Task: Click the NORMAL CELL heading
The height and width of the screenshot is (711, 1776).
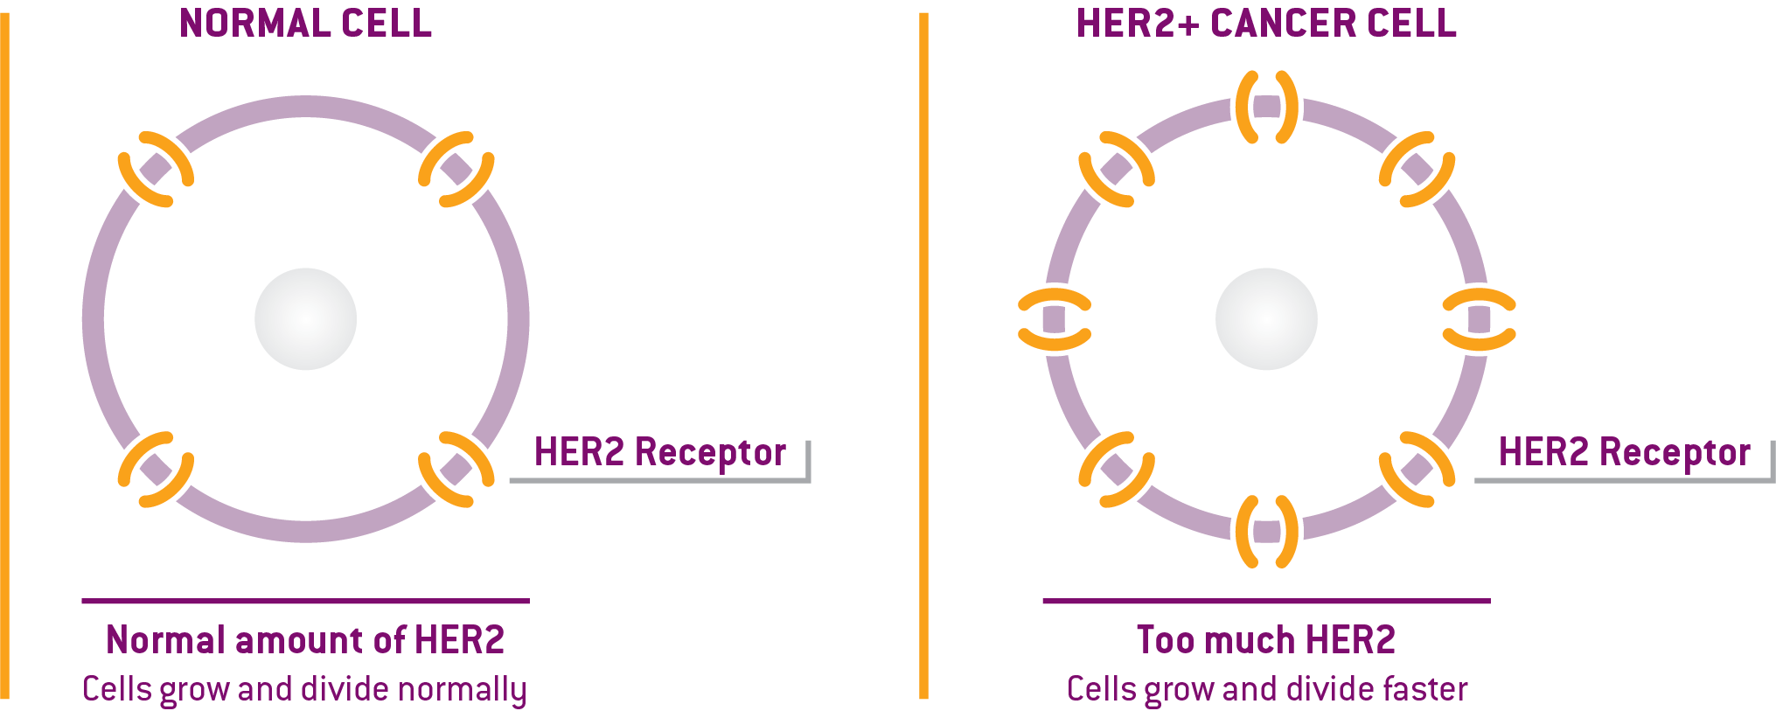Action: click(x=305, y=24)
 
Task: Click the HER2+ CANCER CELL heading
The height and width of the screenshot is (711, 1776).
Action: click(x=1266, y=24)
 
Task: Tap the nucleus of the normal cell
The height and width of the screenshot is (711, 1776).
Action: click(x=305, y=319)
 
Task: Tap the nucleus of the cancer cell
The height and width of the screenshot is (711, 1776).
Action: click(x=1266, y=319)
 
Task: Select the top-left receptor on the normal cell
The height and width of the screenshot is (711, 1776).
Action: click(x=156, y=169)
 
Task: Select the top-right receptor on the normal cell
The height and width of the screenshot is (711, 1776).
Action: click(x=456, y=169)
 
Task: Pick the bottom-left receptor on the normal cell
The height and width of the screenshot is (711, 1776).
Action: click(x=156, y=470)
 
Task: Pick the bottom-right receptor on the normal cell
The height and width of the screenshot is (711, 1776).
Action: click(x=456, y=470)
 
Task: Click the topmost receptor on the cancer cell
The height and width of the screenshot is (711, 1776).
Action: click(x=1266, y=107)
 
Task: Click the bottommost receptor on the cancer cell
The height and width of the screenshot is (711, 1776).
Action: click(x=1266, y=531)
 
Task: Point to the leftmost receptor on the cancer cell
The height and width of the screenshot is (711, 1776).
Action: click(x=1055, y=319)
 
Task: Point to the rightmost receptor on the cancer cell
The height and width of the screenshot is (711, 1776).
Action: click(x=1479, y=319)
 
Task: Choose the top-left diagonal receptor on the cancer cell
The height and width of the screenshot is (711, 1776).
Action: click(x=1117, y=169)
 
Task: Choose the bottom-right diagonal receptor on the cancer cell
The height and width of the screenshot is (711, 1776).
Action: click(x=1417, y=470)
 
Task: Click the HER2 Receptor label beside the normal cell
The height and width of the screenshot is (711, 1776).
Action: click(x=659, y=452)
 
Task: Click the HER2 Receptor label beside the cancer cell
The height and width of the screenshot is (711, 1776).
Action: click(x=1624, y=452)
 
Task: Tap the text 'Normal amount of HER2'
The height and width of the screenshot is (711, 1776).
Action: click(x=305, y=640)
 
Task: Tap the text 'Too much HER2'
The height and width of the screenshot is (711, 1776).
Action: click(x=1266, y=640)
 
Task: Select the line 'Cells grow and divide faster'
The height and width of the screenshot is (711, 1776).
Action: click(x=1267, y=689)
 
